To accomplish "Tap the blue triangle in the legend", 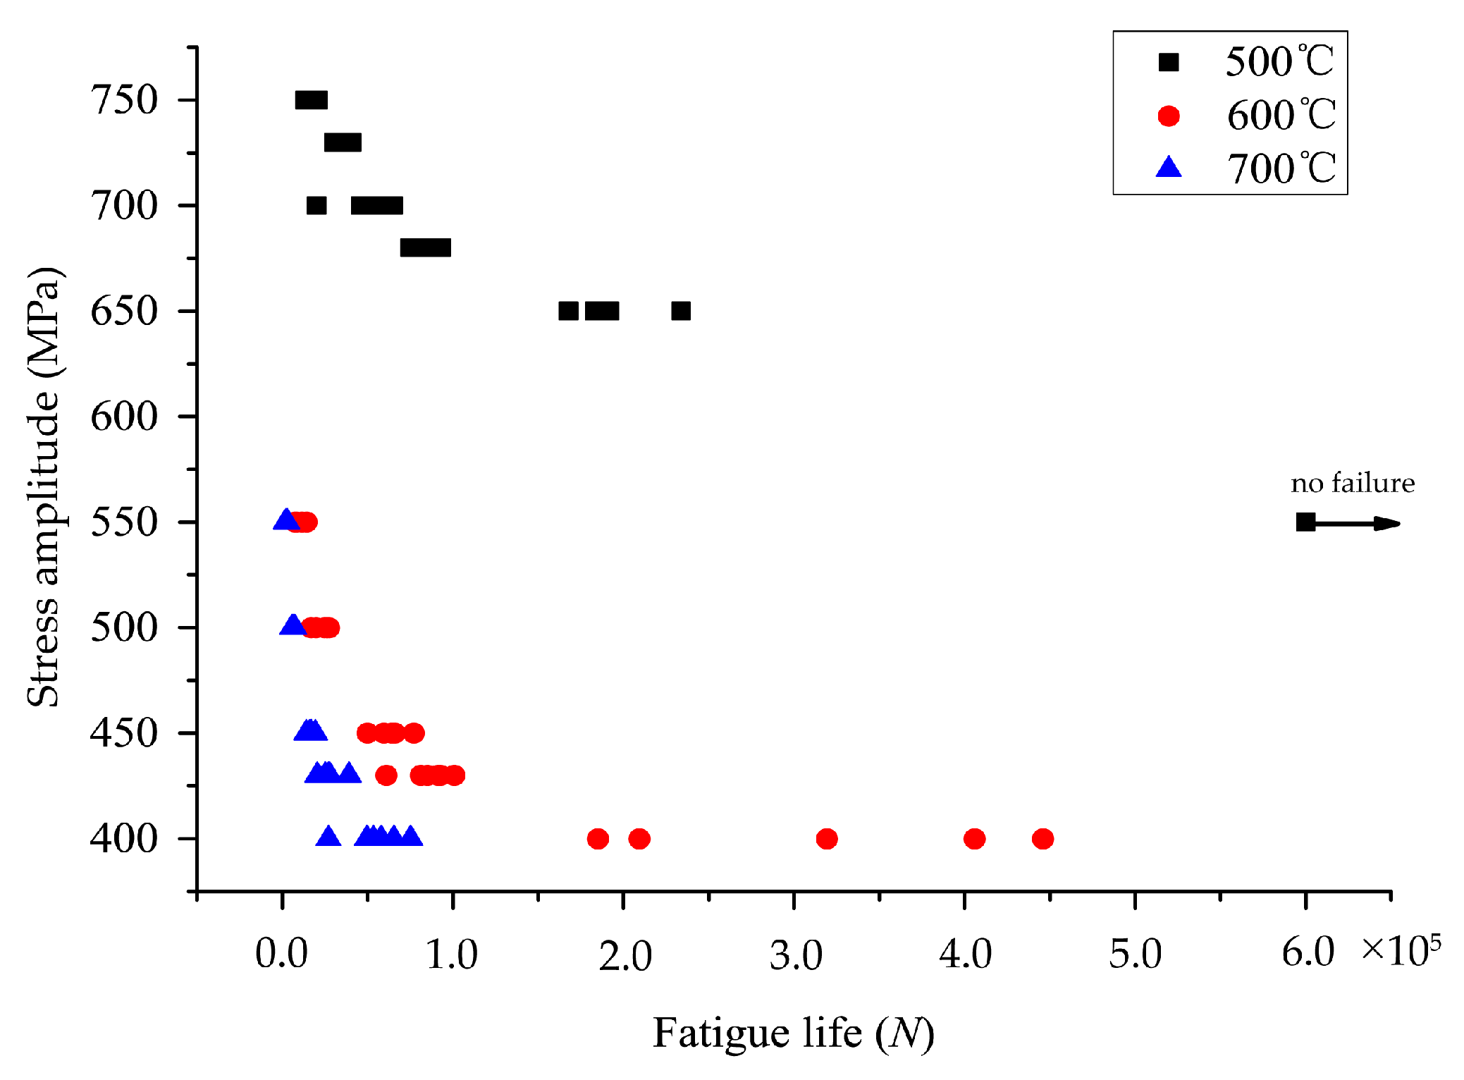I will [1169, 168].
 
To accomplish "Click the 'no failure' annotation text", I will [1353, 484].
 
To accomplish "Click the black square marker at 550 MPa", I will [1305, 522].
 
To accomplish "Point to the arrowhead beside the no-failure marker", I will [1387, 523].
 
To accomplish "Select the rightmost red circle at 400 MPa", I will [1042, 838].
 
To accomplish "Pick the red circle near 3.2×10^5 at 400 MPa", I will [826, 838].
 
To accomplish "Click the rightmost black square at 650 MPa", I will [681, 311].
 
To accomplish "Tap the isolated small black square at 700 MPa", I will [316, 205].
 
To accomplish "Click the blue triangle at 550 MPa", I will [285, 520].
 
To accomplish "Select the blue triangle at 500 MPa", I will [293, 625].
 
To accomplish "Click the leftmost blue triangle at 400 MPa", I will [328, 836].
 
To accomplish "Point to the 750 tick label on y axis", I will [124, 100].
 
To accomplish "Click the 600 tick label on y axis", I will [124, 417].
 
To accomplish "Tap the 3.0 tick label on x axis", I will [796, 956].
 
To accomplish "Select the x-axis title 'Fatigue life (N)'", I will [794, 1033].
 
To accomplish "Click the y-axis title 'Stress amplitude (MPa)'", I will [44, 486].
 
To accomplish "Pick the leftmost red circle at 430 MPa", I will [386, 775].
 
